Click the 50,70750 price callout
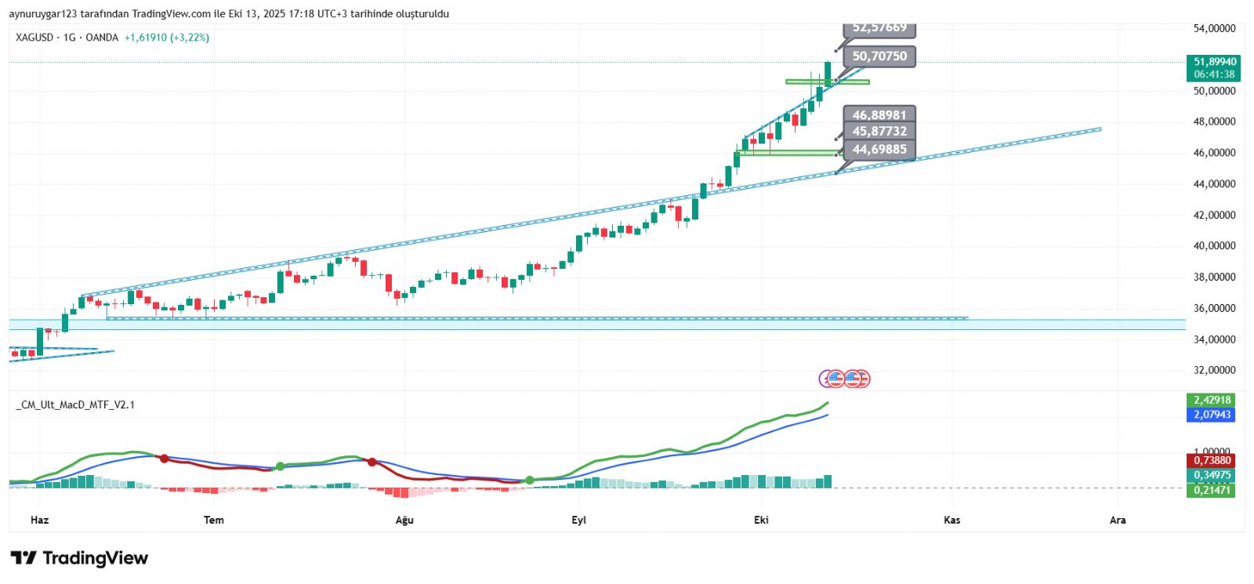click(x=879, y=56)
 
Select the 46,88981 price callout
click(x=879, y=115)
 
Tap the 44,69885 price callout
click(x=879, y=150)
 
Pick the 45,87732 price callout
click(x=879, y=132)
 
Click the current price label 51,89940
click(x=1214, y=62)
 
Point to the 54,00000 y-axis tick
click(x=1214, y=29)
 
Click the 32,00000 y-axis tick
click(x=1214, y=371)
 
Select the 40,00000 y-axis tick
click(x=1214, y=246)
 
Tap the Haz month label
click(x=39, y=520)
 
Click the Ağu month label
click(x=404, y=520)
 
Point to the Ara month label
click(x=1118, y=520)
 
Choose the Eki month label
click(x=761, y=520)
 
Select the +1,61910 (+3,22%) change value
click(x=167, y=38)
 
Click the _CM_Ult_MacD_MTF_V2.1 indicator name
click(x=75, y=405)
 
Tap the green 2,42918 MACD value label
click(x=1212, y=401)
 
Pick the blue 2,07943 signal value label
click(x=1212, y=415)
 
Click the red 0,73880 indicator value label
click(x=1212, y=461)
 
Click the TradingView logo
click(x=79, y=558)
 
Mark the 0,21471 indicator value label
click(x=1212, y=491)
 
